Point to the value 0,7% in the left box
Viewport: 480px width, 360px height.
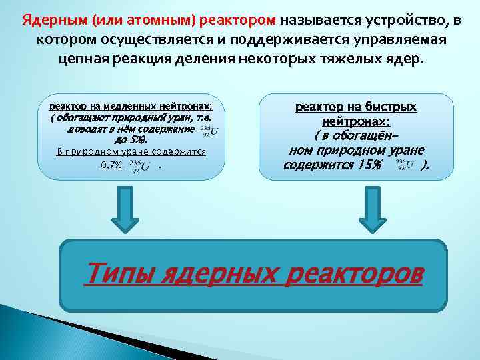point(111,165)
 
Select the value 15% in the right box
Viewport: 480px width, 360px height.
point(368,164)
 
